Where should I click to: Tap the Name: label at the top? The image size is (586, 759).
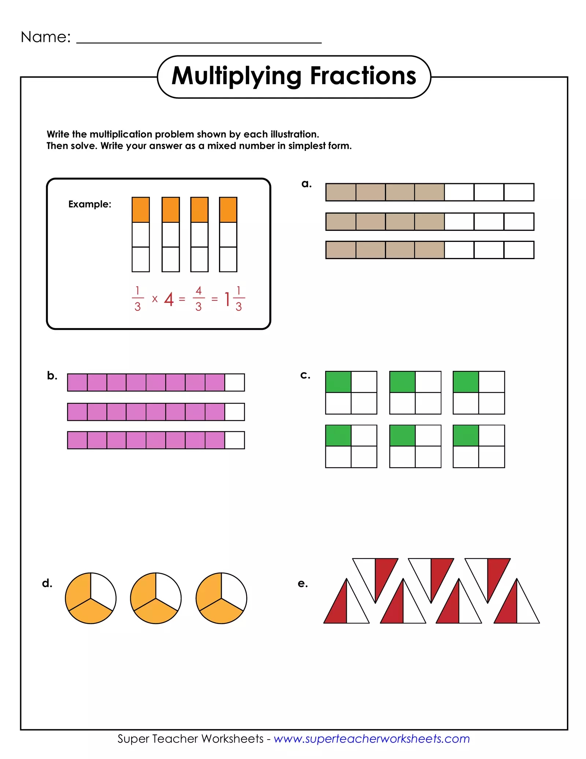(x=45, y=37)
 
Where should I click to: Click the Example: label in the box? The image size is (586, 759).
(x=90, y=204)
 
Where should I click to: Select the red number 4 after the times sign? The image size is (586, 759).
(x=168, y=299)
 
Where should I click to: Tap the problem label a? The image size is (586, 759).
(x=306, y=184)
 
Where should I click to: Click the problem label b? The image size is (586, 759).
(x=52, y=376)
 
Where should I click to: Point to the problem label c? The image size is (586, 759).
(x=305, y=375)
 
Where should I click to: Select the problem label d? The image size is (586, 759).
(x=47, y=583)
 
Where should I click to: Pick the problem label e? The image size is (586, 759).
(x=303, y=583)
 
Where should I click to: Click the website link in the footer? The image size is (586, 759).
(x=371, y=738)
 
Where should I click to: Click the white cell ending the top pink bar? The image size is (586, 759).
(x=234, y=382)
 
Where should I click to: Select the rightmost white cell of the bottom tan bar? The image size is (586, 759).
(x=519, y=250)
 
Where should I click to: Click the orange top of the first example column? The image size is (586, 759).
(x=141, y=210)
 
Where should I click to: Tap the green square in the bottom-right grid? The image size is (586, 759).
(x=466, y=435)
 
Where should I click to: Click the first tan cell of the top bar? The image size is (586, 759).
(x=341, y=192)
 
